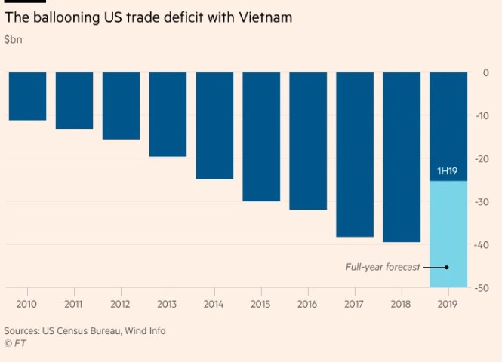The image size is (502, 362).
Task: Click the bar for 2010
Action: click(27, 96)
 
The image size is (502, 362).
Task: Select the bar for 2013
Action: click(168, 114)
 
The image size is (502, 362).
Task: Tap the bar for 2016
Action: click(308, 140)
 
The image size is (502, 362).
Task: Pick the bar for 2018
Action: click(402, 157)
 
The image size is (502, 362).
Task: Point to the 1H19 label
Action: click(448, 172)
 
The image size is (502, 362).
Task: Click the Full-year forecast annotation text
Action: click(383, 267)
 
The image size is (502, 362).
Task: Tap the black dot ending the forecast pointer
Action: click(446, 267)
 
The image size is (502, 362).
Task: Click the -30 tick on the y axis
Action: click(482, 201)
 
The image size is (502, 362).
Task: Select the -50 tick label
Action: click(482, 288)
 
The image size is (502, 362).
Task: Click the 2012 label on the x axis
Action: click(121, 304)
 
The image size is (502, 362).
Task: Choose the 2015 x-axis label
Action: click(261, 304)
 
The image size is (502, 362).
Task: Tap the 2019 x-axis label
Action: click(448, 304)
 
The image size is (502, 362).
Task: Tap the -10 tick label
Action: click(482, 115)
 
